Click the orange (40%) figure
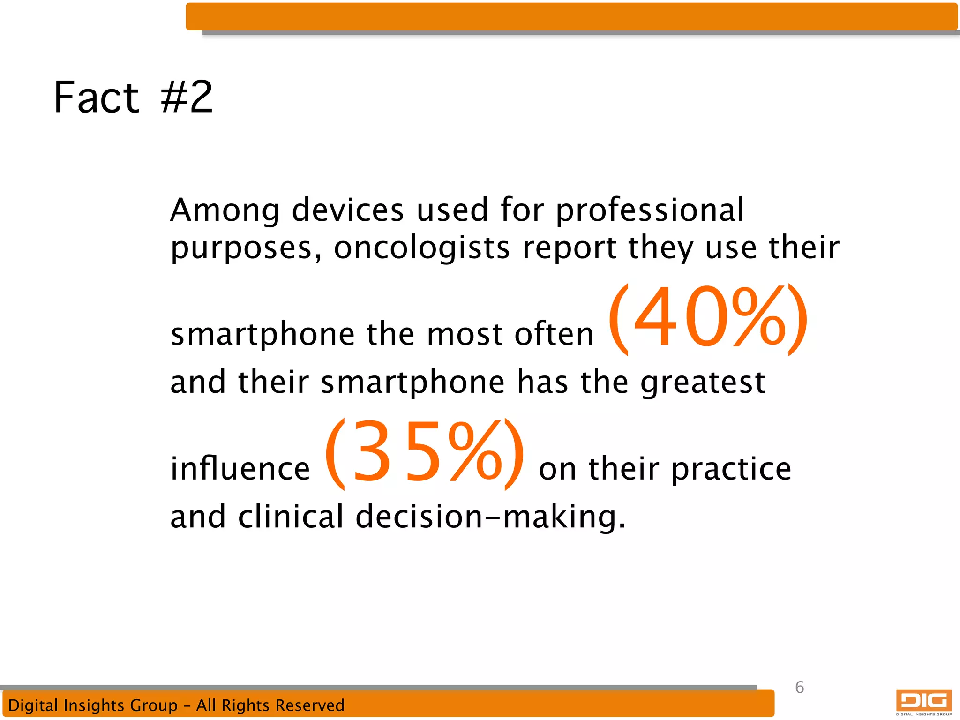click(708, 319)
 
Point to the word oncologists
click(421, 248)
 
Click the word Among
click(225, 210)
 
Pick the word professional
click(650, 210)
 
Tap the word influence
click(240, 469)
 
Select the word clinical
click(291, 517)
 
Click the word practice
click(731, 469)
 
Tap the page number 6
click(800, 688)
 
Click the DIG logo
click(923, 701)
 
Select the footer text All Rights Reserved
click(270, 705)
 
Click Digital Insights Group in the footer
click(93, 705)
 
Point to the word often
click(554, 335)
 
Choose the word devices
click(347, 210)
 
